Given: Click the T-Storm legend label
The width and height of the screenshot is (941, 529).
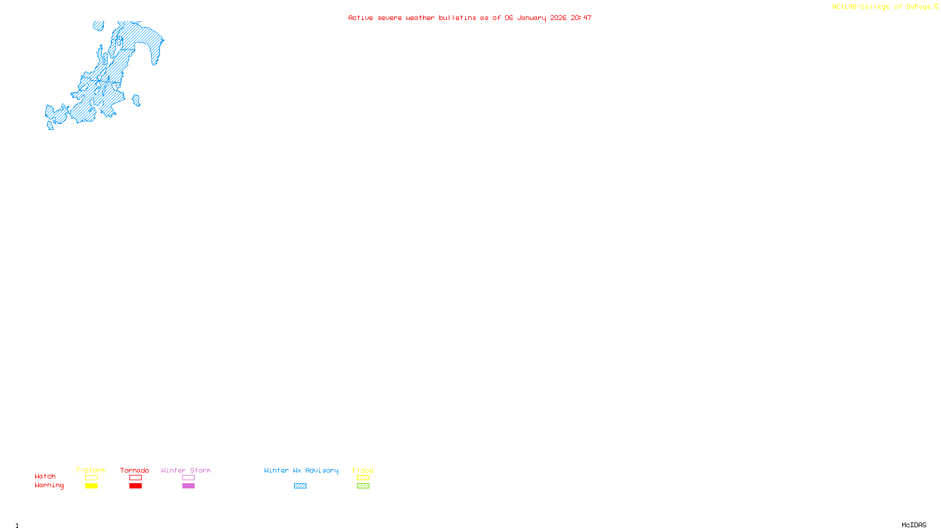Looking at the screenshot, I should click(x=91, y=470).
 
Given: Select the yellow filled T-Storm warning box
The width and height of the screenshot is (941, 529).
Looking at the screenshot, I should click(x=91, y=486).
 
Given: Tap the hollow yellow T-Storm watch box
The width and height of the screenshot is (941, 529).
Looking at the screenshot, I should click(x=91, y=478).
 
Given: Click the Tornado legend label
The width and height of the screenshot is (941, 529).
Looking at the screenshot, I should click(x=135, y=470).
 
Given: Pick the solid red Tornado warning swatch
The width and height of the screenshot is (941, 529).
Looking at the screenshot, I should click(x=135, y=486).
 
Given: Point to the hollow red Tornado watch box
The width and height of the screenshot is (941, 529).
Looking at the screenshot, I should click(x=135, y=478).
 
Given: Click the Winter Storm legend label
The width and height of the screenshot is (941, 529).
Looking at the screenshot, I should click(x=186, y=470).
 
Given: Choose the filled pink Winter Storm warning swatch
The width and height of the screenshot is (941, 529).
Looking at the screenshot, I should click(x=188, y=486).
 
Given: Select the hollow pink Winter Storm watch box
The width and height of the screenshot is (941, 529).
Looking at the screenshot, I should click(x=188, y=478).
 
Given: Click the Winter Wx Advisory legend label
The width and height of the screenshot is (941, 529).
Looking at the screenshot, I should click(x=301, y=470).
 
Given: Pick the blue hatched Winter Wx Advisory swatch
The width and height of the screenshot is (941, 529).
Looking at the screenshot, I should click(x=300, y=486).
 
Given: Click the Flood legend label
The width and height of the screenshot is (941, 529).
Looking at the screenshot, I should click(x=363, y=470).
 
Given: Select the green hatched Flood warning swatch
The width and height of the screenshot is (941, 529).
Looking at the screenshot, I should click(x=363, y=486).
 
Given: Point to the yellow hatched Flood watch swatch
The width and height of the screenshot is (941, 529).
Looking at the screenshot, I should click(x=363, y=478).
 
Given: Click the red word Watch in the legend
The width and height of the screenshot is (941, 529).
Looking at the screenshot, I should click(x=45, y=477).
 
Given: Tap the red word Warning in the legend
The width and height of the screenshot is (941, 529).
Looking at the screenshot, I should click(x=49, y=486).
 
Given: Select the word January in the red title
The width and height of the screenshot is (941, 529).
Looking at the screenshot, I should click(x=532, y=18).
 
